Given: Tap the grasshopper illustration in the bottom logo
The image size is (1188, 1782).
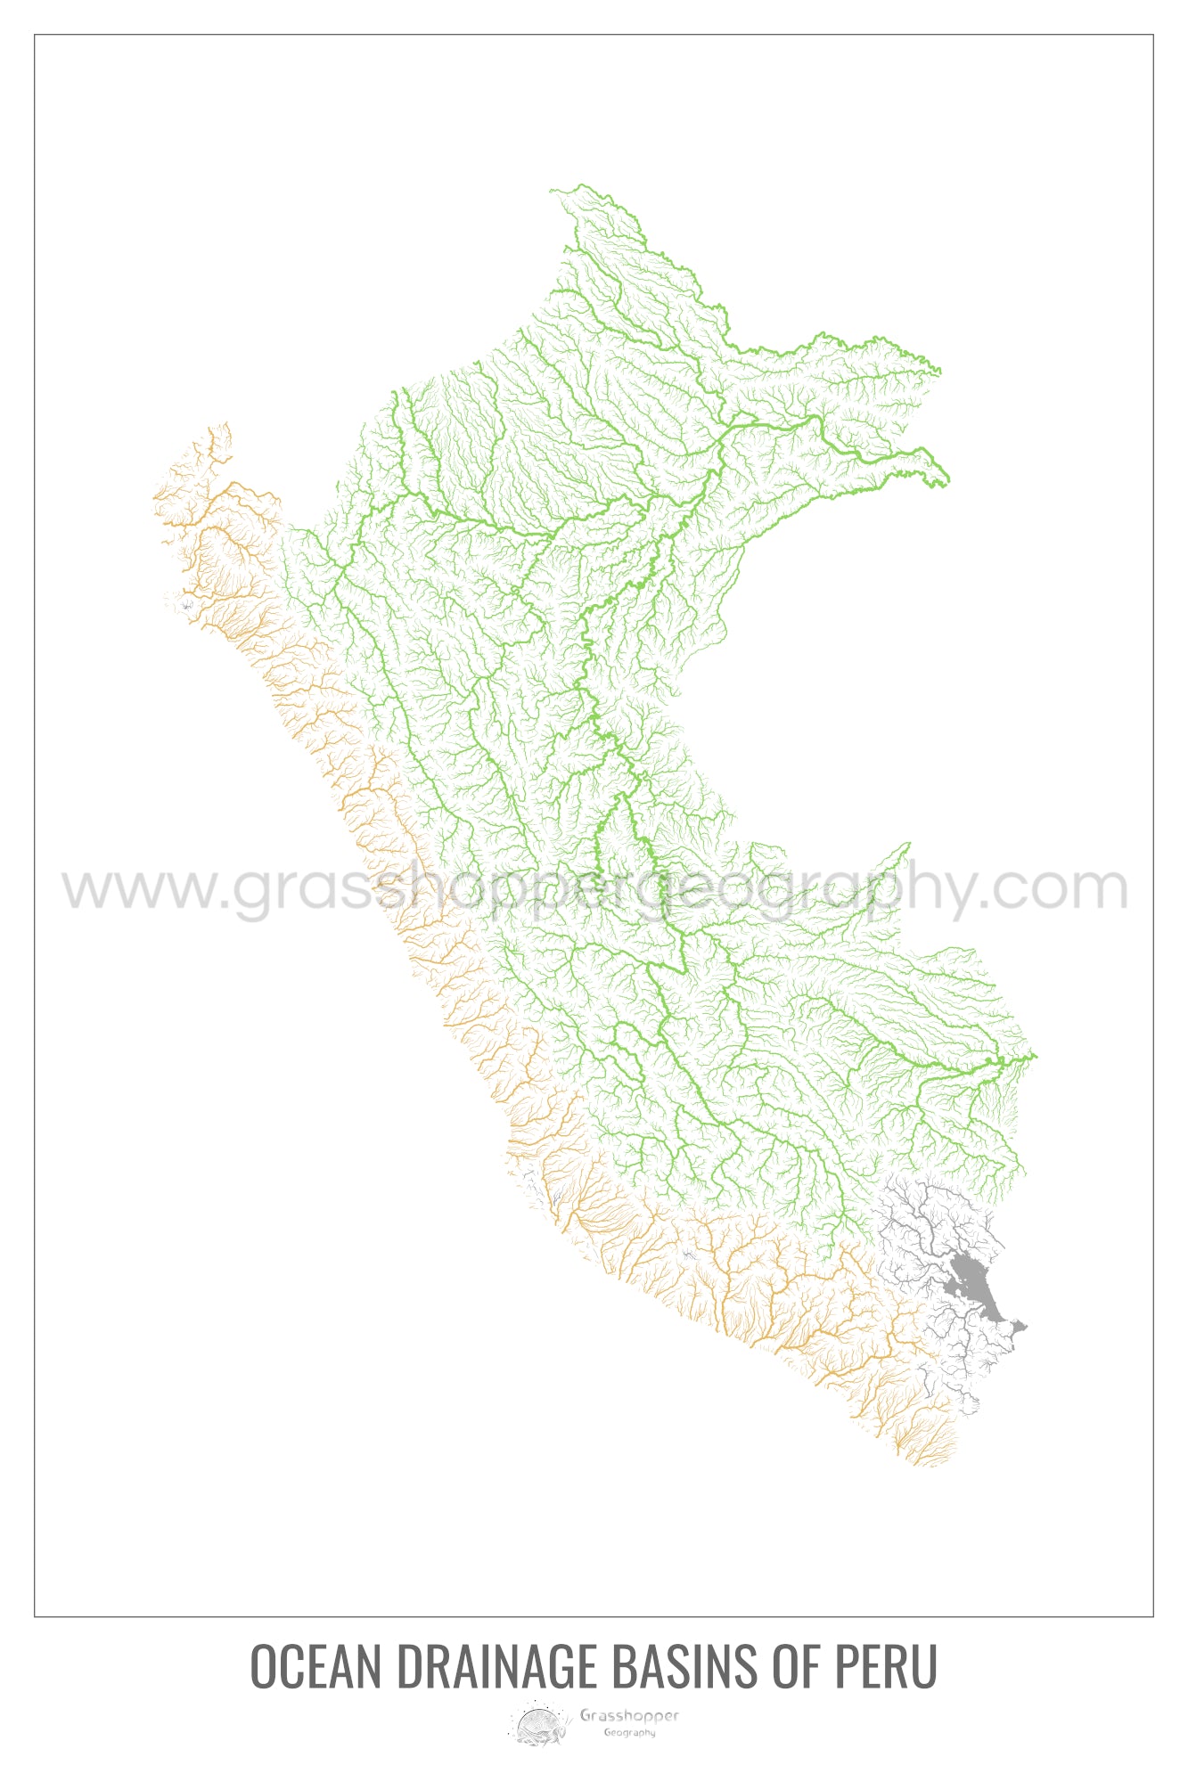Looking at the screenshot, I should (x=538, y=1725).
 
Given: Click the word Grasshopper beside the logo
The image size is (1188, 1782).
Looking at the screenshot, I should (x=629, y=1715).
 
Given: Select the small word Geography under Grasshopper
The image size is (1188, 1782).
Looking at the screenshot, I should (x=629, y=1733).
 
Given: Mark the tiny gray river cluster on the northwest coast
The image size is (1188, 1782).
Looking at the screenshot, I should (x=186, y=605).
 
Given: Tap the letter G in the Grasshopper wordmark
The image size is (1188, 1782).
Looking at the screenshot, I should (x=586, y=1715).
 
